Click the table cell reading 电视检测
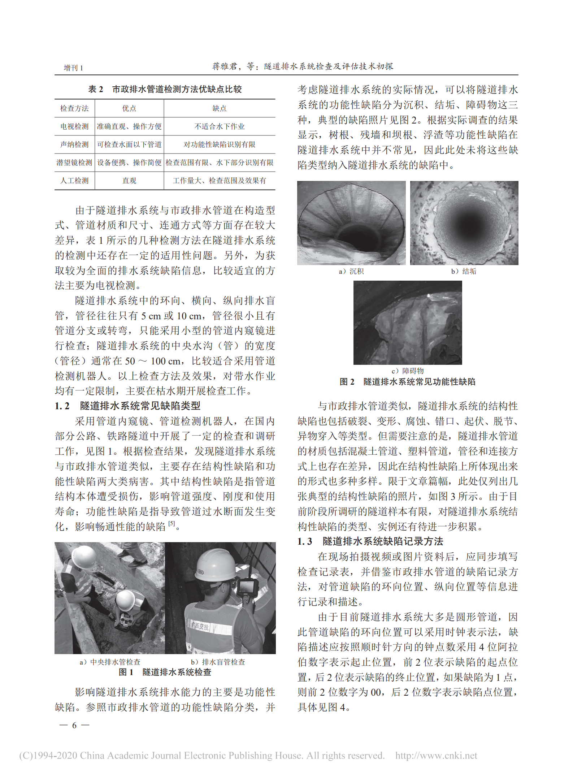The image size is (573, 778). click(74, 126)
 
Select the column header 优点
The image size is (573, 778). click(129, 108)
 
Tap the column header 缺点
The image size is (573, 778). click(219, 108)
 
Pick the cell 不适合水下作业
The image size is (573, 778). click(219, 126)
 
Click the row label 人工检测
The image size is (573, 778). click(74, 181)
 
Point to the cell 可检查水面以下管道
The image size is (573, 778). click(129, 144)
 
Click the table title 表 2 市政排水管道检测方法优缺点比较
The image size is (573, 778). click(165, 89)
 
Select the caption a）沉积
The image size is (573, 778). click(351, 271)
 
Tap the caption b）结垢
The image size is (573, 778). click(464, 271)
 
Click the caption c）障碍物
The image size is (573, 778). click(407, 371)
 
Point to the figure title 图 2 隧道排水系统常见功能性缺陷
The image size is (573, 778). click(407, 382)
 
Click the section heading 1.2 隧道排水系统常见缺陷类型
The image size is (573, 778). click(127, 406)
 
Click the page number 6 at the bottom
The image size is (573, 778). click(74, 725)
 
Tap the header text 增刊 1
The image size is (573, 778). click(73, 68)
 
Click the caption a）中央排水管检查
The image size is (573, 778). click(110, 662)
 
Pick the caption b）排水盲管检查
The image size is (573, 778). click(218, 662)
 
